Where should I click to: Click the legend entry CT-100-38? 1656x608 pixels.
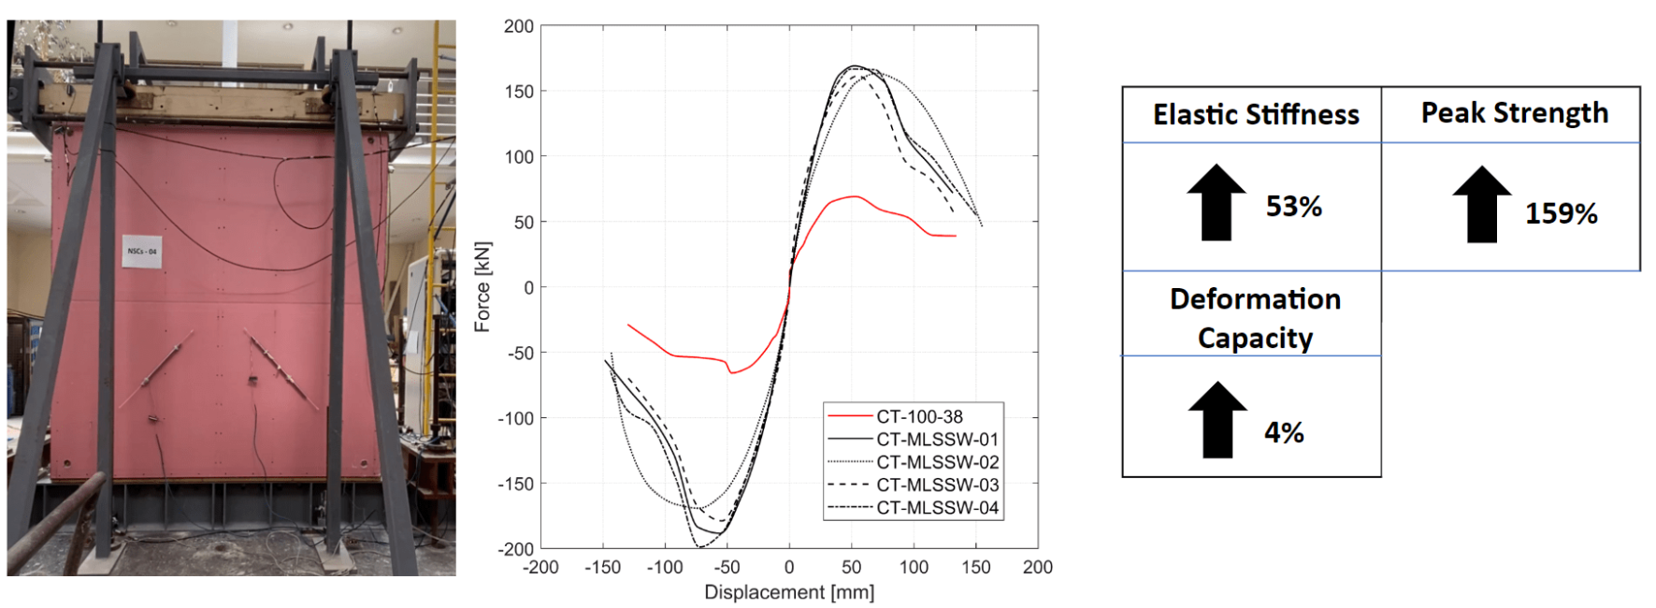tap(919, 417)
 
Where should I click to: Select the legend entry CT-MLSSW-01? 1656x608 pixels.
tap(937, 440)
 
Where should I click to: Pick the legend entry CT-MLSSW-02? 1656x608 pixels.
tap(937, 462)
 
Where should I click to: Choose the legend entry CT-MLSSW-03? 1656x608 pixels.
tap(937, 485)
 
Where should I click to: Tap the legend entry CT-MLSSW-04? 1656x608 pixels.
tap(937, 508)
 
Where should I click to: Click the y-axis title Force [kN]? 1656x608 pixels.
tap(482, 287)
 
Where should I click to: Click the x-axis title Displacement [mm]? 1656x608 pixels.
tap(789, 592)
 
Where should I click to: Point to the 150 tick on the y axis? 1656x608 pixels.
tap(519, 92)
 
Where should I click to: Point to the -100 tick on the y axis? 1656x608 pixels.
tap(515, 418)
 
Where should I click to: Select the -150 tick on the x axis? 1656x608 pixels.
tap(602, 567)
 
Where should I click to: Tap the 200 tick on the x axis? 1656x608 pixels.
tap(1038, 567)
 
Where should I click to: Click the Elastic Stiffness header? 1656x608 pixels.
tap(1256, 115)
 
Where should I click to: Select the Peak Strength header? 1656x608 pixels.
tap(1515, 113)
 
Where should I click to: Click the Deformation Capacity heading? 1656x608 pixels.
tap(1255, 318)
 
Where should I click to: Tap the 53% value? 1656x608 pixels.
tap(1293, 207)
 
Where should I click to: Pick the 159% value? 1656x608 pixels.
tap(1561, 213)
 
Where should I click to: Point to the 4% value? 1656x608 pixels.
tap(1284, 432)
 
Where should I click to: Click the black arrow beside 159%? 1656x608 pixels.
tap(1482, 205)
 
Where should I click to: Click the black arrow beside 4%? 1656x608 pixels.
tap(1217, 420)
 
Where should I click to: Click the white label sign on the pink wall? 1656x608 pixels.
tap(142, 251)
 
